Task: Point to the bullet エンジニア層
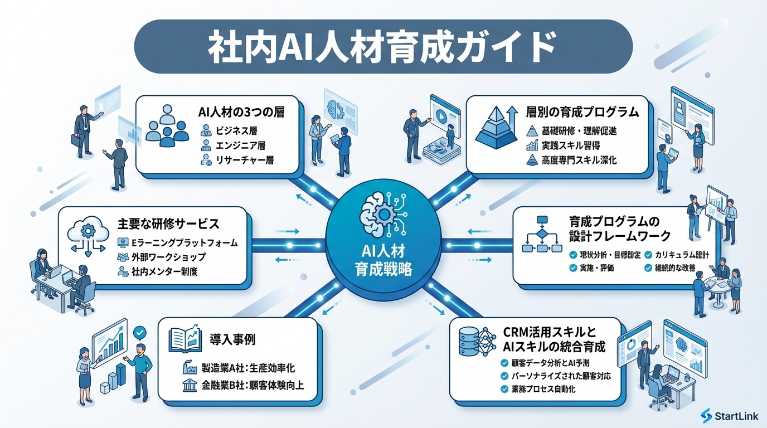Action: (240, 146)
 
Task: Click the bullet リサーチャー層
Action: (244, 162)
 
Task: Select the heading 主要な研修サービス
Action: (168, 224)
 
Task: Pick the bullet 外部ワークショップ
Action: (169, 257)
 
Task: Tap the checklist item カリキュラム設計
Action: (682, 255)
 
